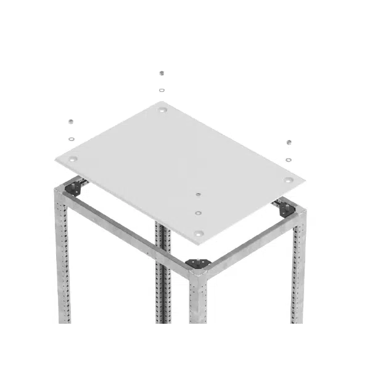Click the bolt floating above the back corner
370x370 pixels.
162,73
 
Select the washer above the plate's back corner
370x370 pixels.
162,90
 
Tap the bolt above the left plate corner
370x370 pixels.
71,121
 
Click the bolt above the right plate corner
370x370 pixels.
289,142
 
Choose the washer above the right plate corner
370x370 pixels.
289,159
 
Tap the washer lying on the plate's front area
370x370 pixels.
198,213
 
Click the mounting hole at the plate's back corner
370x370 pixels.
162,110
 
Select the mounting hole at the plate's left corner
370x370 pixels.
73,159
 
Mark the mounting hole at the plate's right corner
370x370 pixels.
289,180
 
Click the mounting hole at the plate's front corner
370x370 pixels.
198,234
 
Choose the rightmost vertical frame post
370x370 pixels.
298,271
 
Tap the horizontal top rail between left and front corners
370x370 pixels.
129,231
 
